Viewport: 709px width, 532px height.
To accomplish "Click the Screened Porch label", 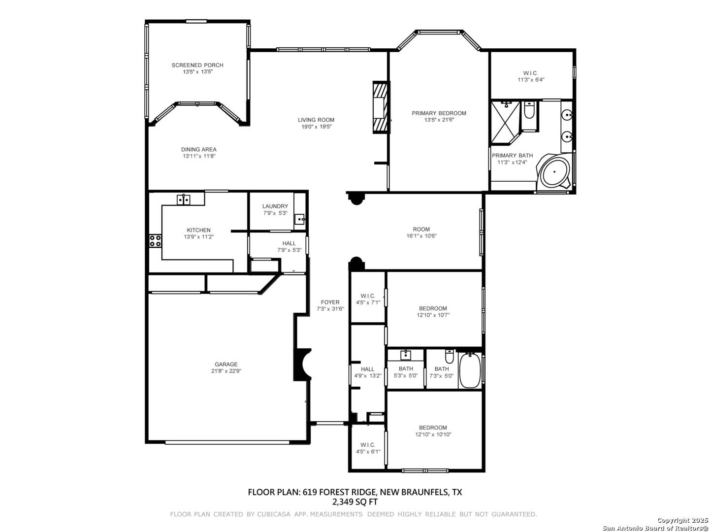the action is (x=197, y=65).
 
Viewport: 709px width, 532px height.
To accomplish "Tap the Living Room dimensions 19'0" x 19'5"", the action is (x=316, y=127).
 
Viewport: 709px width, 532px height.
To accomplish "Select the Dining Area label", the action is (x=198, y=149).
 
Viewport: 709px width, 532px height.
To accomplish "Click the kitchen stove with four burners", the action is (x=156, y=241).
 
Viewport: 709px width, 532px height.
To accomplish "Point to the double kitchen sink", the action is (x=184, y=199).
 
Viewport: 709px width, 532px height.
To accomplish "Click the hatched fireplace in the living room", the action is (x=381, y=107).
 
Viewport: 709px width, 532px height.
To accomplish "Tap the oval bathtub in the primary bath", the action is (x=554, y=172).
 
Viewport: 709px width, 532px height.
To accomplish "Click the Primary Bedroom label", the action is (x=439, y=113).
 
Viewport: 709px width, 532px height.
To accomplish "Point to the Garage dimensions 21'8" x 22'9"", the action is (x=226, y=371).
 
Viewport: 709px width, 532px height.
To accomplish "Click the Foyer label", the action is (x=330, y=302).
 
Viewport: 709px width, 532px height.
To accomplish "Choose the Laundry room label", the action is (x=275, y=206).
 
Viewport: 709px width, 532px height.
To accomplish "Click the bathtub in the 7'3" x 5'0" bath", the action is (x=470, y=370).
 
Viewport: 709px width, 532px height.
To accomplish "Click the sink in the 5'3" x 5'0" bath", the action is (x=405, y=355).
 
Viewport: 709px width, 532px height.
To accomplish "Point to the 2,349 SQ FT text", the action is (x=354, y=501).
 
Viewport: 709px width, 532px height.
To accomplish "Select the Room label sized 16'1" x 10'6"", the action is (x=421, y=229).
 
